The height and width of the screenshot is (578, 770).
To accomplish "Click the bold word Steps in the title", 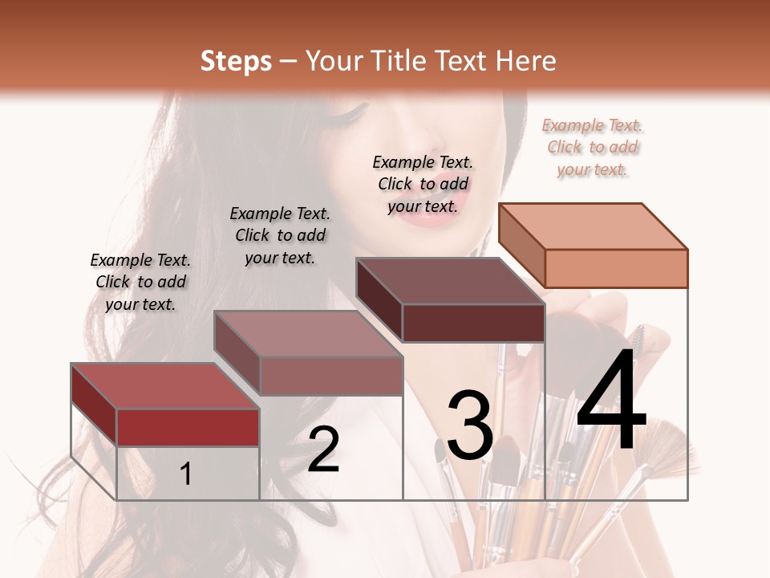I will tap(236, 61).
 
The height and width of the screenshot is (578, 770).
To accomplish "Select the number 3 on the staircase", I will tap(470, 425).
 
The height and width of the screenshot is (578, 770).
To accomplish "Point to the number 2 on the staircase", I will tap(323, 450).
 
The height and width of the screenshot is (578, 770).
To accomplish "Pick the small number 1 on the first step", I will tap(186, 474).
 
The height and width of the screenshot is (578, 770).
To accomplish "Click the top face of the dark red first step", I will tap(164, 386).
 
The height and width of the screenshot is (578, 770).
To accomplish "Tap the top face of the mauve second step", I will tap(308, 334).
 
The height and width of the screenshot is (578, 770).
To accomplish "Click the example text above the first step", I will tap(140, 282).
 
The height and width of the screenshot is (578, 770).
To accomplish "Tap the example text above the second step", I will tap(280, 235).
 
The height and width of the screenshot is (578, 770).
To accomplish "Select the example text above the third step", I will tap(423, 184).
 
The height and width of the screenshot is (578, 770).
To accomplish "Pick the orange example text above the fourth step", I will tap(593, 147).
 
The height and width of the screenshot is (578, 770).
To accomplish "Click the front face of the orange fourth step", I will tap(616, 267).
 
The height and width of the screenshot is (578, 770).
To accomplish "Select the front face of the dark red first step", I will tap(188, 427).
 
